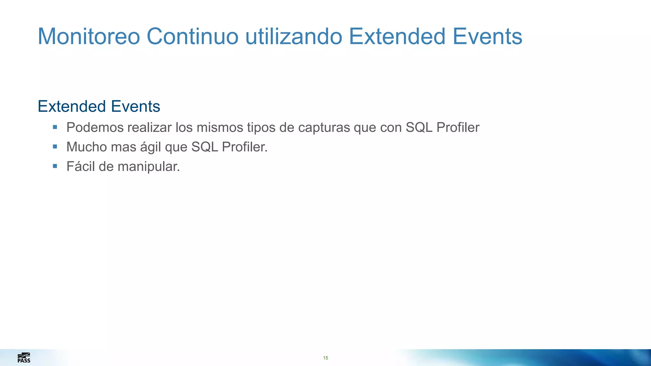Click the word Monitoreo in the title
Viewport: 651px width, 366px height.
tap(89, 37)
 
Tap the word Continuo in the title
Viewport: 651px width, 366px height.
tap(192, 37)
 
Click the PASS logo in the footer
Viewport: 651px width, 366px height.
tap(24, 358)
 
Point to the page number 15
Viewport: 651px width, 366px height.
tap(325, 358)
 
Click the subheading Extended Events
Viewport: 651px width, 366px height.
tap(99, 106)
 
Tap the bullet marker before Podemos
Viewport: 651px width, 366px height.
tap(55, 127)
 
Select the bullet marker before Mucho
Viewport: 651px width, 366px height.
tap(55, 147)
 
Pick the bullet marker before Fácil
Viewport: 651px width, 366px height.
tap(55, 166)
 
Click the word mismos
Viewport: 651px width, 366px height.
tap(220, 128)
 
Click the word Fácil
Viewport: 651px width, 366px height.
tap(80, 166)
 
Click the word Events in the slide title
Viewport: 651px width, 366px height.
tap(487, 37)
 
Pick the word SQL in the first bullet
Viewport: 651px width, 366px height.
tap(419, 128)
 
